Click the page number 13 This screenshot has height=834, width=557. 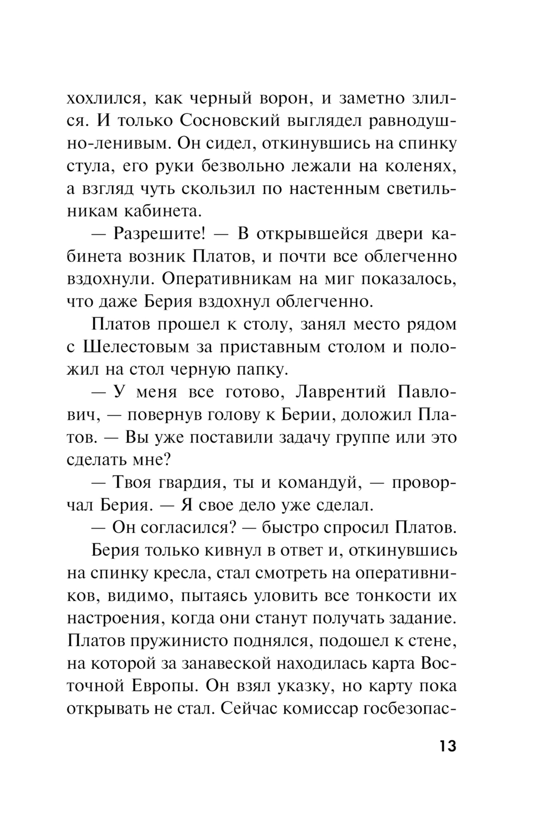[447, 745]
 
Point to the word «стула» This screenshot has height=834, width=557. [89, 166]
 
